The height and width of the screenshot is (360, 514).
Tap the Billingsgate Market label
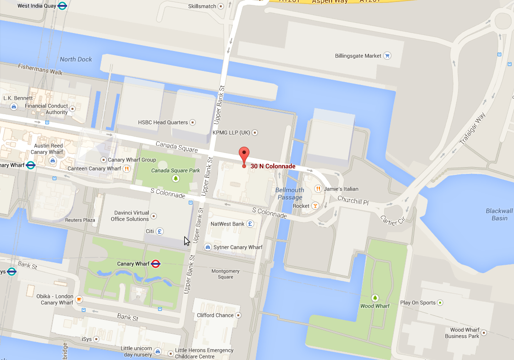(358, 56)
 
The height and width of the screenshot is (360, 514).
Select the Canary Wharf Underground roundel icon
(156, 264)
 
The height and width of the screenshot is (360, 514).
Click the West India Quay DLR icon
(62, 6)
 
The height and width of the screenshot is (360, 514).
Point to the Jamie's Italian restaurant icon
(319, 189)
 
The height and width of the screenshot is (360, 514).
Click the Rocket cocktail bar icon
(315, 206)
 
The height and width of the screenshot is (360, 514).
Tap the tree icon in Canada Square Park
(176, 179)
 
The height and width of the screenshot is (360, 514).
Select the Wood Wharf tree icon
(375, 297)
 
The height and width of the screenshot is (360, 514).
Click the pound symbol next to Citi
(160, 231)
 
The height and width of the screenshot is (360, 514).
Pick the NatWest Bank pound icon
(250, 224)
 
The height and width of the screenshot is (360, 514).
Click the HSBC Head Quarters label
(162, 122)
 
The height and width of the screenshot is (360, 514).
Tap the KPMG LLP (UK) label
(231, 132)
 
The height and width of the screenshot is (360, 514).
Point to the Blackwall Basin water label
(499, 214)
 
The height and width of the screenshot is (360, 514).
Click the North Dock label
(76, 59)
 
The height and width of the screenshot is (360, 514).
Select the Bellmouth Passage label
(290, 193)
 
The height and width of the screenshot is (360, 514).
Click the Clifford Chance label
(215, 315)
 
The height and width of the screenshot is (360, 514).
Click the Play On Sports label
(418, 303)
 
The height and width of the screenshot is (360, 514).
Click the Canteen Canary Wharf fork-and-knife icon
(126, 169)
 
